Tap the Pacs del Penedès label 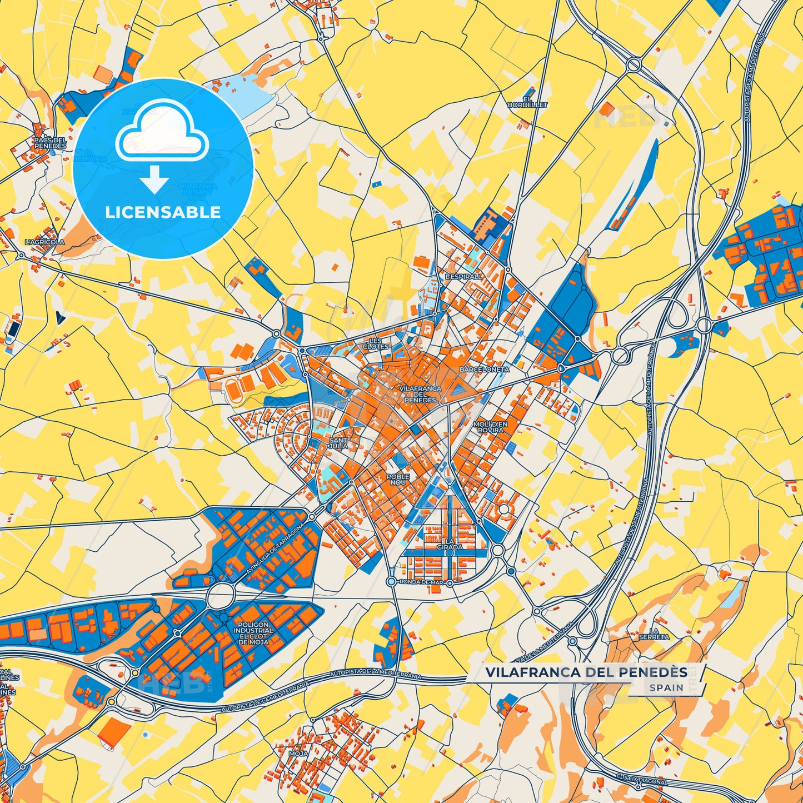click(x=50, y=143)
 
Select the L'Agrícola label click(x=45, y=242)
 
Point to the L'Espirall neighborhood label click(x=464, y=276)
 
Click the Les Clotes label click(x=376, y=343)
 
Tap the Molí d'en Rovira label click(x=490, y=427)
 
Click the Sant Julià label click(x=338, y=443)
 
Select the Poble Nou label click(x=398, y=479)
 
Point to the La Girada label click(x=450, y=544)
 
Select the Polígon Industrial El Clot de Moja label click(x=253, y=633)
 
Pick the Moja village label click(x=298, y=754)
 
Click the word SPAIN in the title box click(x=666, y=687)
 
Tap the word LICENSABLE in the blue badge click(x=163, y=212)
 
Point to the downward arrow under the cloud click(x=154, y=179)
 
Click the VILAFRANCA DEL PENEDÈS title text click(x=586, y=672)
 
